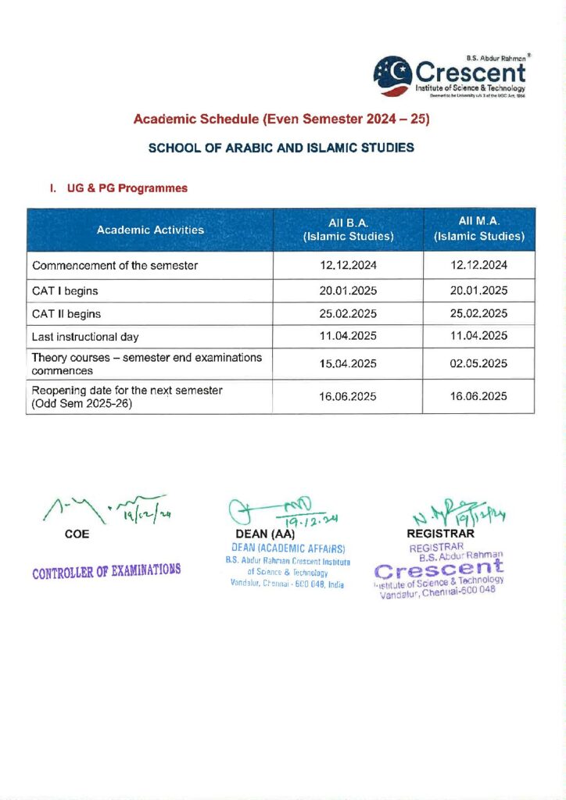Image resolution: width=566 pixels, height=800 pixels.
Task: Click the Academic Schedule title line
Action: (x=282, y=120)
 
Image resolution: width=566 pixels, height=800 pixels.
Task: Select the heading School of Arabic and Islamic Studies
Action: (x=281, y=148)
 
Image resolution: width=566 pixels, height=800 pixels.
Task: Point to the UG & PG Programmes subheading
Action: (x=118, y=188)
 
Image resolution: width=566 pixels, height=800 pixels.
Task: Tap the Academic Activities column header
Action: (x=150, y=230)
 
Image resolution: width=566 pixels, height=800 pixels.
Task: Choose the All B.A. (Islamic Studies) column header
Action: (x=348, y=230)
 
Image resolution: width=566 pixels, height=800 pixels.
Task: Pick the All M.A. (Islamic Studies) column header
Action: (x=478, y=230)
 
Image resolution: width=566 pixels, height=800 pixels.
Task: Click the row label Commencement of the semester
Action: (x=115, y=266)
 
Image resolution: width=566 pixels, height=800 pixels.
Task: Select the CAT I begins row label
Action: (x=65, y=291)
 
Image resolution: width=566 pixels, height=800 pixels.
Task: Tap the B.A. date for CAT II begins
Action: (x=348, y=314)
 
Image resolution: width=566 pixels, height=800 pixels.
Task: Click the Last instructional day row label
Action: (x=85, y=337)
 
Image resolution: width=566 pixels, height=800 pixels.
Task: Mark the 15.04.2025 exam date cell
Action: (x=348, y=364)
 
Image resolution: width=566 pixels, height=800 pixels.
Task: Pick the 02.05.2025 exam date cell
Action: (x=478, y=364)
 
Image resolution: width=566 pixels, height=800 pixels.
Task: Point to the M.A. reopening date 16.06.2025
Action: (x=478, y=397)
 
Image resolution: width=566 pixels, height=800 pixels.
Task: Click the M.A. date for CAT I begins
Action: (x=478, y=291)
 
